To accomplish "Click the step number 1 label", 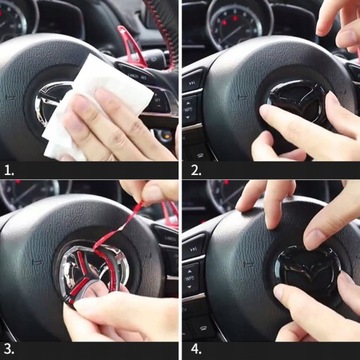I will pyautogui.click(x=9, y=169).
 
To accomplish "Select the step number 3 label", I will pyautogui.click(x=9, y=350).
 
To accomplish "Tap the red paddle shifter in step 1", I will pyautogui.click(x=133, y=47).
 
